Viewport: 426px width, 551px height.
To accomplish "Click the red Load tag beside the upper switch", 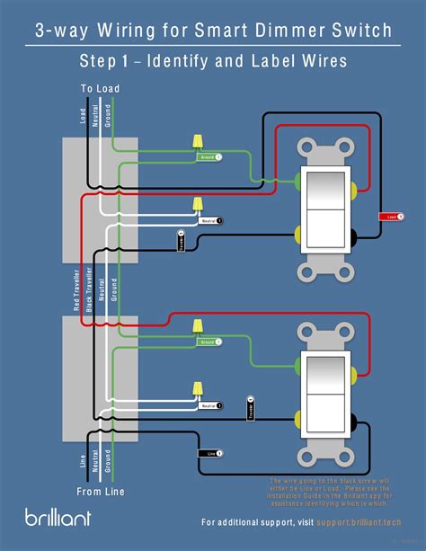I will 392,217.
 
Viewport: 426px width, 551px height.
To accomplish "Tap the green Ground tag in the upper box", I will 208,156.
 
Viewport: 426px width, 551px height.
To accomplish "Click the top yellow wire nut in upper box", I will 196,143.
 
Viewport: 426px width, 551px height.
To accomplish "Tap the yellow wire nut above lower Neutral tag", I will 196,388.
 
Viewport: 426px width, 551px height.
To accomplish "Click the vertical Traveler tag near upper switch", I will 182,241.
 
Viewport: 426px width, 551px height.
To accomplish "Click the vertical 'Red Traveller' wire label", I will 77,289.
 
